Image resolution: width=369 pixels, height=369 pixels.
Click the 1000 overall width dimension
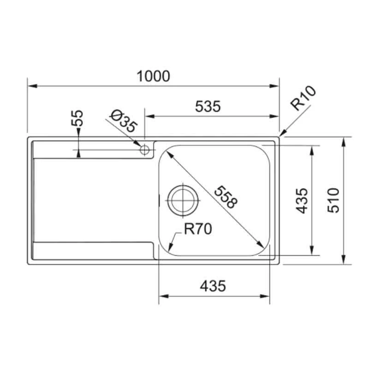(153, 76)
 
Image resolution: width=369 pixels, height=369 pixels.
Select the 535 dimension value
(208, 107)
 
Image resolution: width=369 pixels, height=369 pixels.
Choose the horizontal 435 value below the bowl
(213, 286)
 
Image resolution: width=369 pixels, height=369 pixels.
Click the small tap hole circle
(145, 149)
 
